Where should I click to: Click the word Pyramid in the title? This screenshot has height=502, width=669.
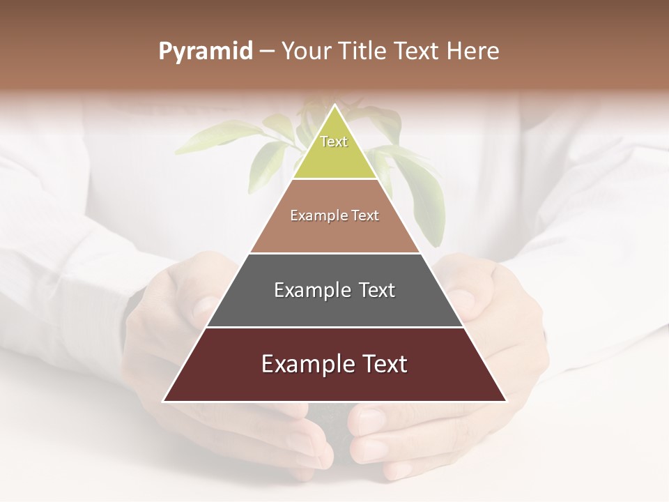[x=205, y=52]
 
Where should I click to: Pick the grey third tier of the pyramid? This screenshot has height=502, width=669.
[x=334, y=307]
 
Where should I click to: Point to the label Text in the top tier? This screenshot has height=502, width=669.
[x=334, y=142]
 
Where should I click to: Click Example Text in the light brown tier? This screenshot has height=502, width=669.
[x=334, y=215]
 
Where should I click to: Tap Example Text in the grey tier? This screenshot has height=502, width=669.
[x=334, y=290]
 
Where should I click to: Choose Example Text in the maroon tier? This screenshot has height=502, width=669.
[x=334, y=364]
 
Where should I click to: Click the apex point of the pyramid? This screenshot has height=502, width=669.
[x=335, y=106]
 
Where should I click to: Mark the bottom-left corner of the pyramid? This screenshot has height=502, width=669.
[x=164, y=401]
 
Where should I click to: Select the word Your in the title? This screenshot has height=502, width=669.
[x=306, y=52]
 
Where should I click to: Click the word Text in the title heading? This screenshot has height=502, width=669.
[x=417, y=52]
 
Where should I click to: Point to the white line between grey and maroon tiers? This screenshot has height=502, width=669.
[x=334, y=327]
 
